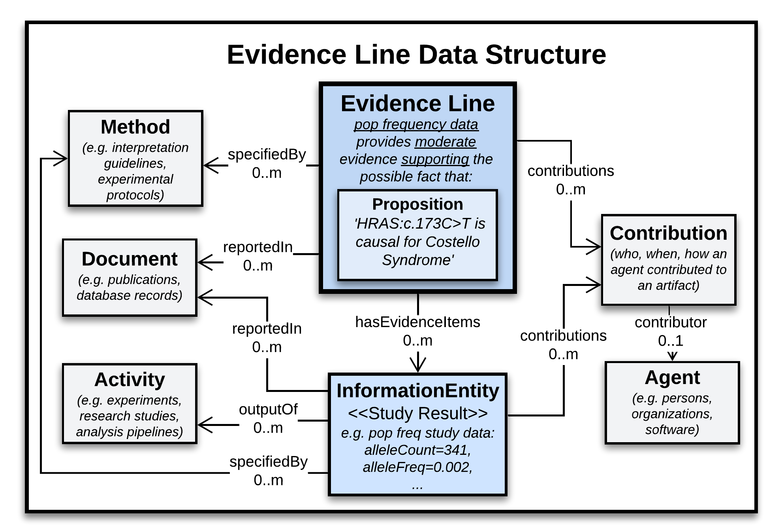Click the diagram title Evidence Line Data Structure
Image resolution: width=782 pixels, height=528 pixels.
[x=416, y=55]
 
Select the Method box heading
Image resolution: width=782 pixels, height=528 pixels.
[x=135, y=127]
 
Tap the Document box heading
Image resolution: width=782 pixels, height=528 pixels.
[x=129, y=259]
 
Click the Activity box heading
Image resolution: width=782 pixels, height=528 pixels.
[x=130, y=379]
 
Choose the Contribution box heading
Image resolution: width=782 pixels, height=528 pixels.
[x=668, y=233]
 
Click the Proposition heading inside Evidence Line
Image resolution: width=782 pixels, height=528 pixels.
[x=417, y=204]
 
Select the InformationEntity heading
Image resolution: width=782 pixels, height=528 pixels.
[x=417, y=390]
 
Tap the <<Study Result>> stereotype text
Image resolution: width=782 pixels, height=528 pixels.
[x=417, y=413]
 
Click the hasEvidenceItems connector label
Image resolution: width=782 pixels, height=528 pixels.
[x=417, y=322]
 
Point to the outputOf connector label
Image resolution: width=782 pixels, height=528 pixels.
[x=268, y=409]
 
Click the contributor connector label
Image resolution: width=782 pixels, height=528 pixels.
[x=670, y=322]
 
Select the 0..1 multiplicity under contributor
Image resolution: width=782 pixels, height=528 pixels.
[x=670, y=341]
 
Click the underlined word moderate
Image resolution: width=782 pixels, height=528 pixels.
[x=445, y=142]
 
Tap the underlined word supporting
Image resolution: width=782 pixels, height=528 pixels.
[x=435, y=159]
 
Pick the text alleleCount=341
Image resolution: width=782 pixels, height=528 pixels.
[x=417, y=450]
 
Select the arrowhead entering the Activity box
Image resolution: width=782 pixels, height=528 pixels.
[x=204, y=425]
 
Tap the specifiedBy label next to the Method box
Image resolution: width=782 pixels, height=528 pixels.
[x=267, y=154]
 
